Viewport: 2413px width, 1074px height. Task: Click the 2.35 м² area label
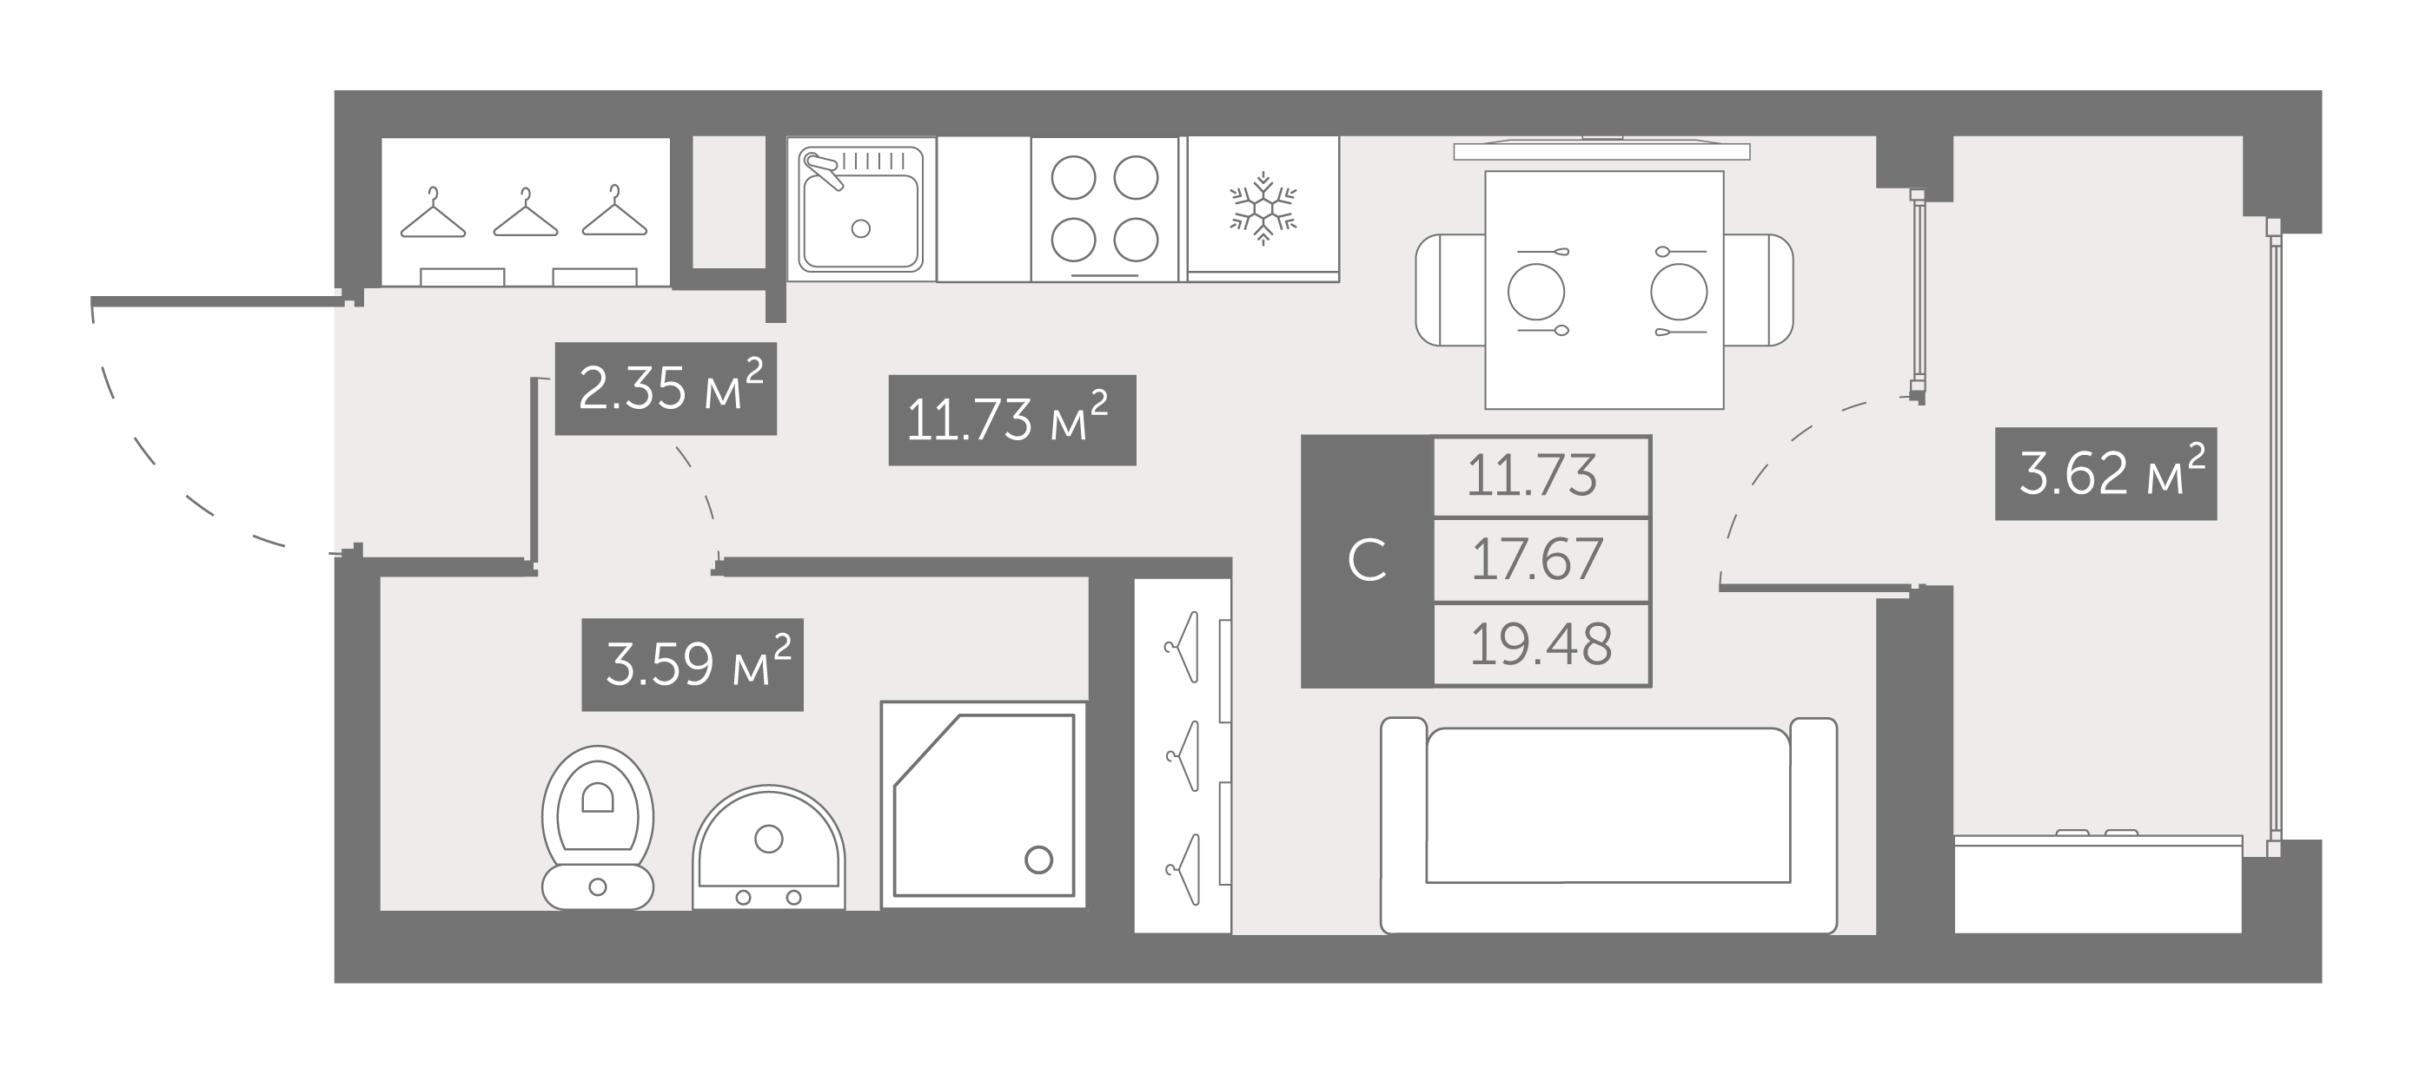(666, 389)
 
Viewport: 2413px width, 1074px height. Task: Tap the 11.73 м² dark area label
(1012, 419)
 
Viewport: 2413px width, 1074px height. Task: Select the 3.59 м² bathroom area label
(693, 664)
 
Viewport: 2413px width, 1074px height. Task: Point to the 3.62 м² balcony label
(2105, 473)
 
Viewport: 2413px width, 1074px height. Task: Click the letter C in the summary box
(1367, 561)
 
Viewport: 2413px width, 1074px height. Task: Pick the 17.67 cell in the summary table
(1541, 559)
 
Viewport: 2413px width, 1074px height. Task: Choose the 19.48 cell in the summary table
(1541, 644)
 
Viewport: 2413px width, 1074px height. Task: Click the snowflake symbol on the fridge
(1263, 208)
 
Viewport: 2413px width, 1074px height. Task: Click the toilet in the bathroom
(598, 827)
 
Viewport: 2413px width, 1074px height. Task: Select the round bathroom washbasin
(769, 847)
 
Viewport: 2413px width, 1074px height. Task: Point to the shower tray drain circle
(1037, 860)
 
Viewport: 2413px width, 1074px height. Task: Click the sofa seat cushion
(1608, 805)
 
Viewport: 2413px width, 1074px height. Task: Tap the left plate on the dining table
(1536, 291)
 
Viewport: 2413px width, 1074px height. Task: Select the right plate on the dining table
(1679, 291)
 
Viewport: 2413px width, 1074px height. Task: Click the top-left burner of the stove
(1073, 177)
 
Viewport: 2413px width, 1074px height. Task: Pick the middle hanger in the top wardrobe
(526, 213)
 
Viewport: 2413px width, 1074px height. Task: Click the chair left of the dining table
(1450, 289)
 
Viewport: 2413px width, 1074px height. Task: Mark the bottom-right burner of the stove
(1137, 240)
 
